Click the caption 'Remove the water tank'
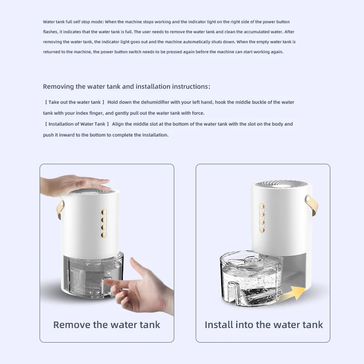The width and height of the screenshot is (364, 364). [106, 325]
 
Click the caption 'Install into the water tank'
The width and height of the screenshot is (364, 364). [263, 325]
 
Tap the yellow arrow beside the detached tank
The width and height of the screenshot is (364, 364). [294, 293]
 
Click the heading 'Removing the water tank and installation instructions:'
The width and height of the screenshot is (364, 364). [126, 86]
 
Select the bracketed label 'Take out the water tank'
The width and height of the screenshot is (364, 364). [75, 102]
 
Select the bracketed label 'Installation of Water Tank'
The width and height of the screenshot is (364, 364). [77, 124]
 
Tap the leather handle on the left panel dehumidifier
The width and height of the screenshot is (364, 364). [61, 209]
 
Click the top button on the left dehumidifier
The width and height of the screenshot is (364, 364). [104, 212]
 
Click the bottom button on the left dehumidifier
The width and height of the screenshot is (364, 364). [104, 235]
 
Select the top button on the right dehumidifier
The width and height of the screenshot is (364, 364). [262, 207]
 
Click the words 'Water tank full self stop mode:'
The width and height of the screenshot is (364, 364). [73, 22]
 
